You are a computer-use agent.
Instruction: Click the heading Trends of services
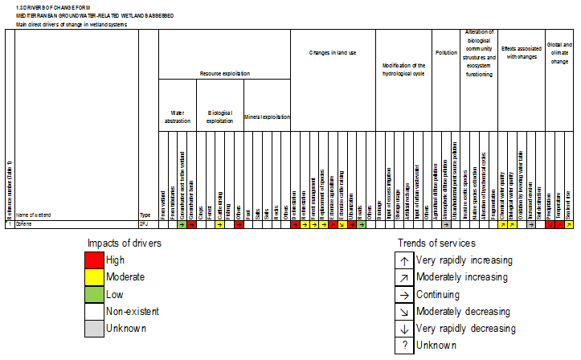[437, 243]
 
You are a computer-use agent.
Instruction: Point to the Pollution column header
[446, 52]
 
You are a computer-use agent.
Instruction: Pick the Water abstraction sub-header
[178, 117]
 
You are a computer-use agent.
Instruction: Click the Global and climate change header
[558, 52]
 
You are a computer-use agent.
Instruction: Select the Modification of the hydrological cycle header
[403, 69]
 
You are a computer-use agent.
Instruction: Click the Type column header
[145, 215]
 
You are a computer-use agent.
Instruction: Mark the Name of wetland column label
[33, 215]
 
